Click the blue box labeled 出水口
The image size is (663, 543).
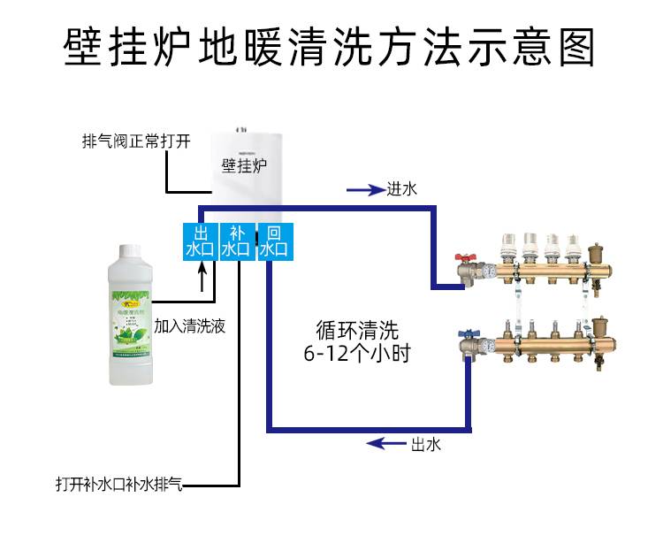[199, 241]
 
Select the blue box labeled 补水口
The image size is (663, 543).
[236, 241]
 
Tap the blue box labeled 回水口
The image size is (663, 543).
[273, 241]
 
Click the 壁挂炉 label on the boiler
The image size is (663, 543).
[245, 165]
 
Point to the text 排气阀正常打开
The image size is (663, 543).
[136, 141]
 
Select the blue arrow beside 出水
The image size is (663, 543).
[385, 444]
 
